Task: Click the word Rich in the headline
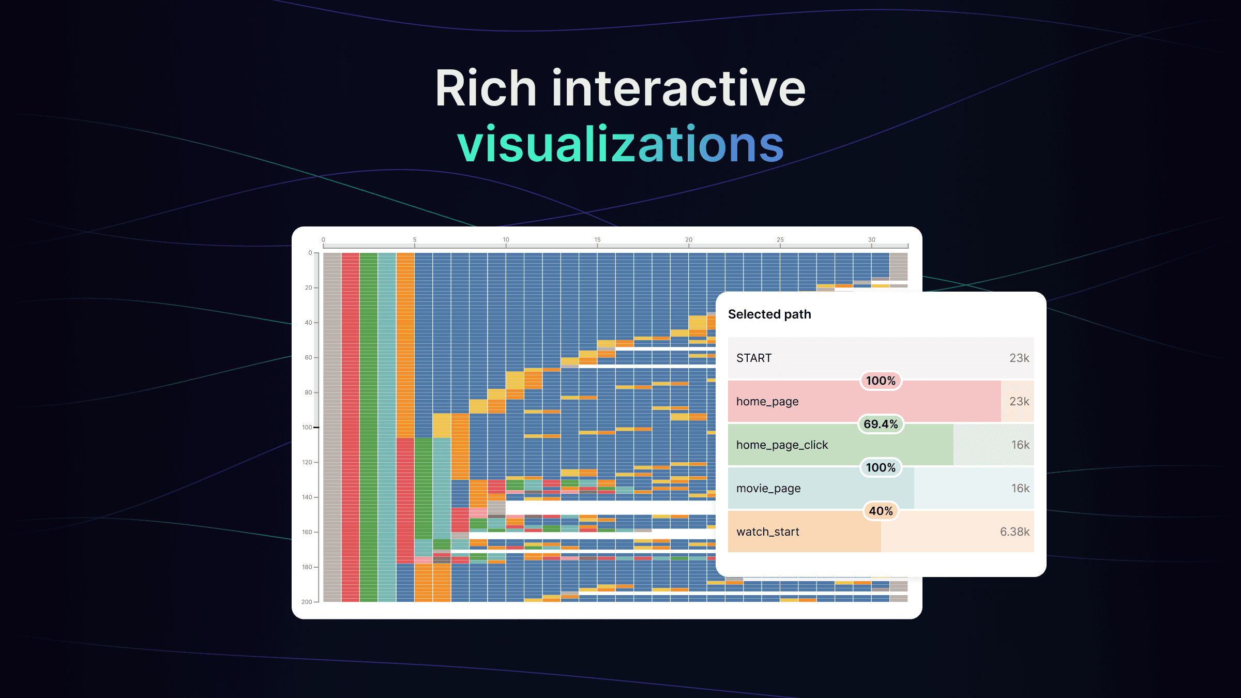486,88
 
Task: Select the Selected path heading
769,314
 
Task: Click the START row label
754,358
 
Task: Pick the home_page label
767,402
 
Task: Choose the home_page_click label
782,445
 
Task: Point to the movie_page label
768,489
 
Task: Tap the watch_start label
768,532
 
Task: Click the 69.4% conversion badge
881,424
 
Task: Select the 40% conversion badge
881,511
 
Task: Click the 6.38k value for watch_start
1015,532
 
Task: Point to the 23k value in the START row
1019,358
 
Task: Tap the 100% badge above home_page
881,381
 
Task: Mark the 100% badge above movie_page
881,467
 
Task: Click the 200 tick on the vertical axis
307,602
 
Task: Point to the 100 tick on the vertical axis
307,427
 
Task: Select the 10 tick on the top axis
506,239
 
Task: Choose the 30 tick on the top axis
871,239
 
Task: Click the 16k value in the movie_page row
1020,488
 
